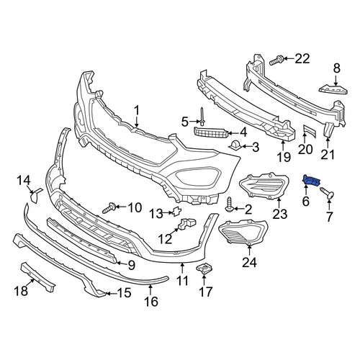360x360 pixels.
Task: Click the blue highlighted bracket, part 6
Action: click(312, 181)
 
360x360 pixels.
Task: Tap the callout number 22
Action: click(302, 58)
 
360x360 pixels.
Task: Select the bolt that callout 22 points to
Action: click(276, 60)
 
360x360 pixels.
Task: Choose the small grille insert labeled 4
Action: click(211, 132)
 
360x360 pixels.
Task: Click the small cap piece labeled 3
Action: click(235, 145)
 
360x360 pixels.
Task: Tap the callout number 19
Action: click(284, 157)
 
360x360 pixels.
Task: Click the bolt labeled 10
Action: click(109, 208)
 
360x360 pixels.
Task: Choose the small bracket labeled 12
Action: click(186, 223)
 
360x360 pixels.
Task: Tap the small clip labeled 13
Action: click(176, 211)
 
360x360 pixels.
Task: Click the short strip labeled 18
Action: click(38, 276)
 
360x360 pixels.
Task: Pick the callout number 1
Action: click(137, 111)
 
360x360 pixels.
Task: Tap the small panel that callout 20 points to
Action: click(309, 132)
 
